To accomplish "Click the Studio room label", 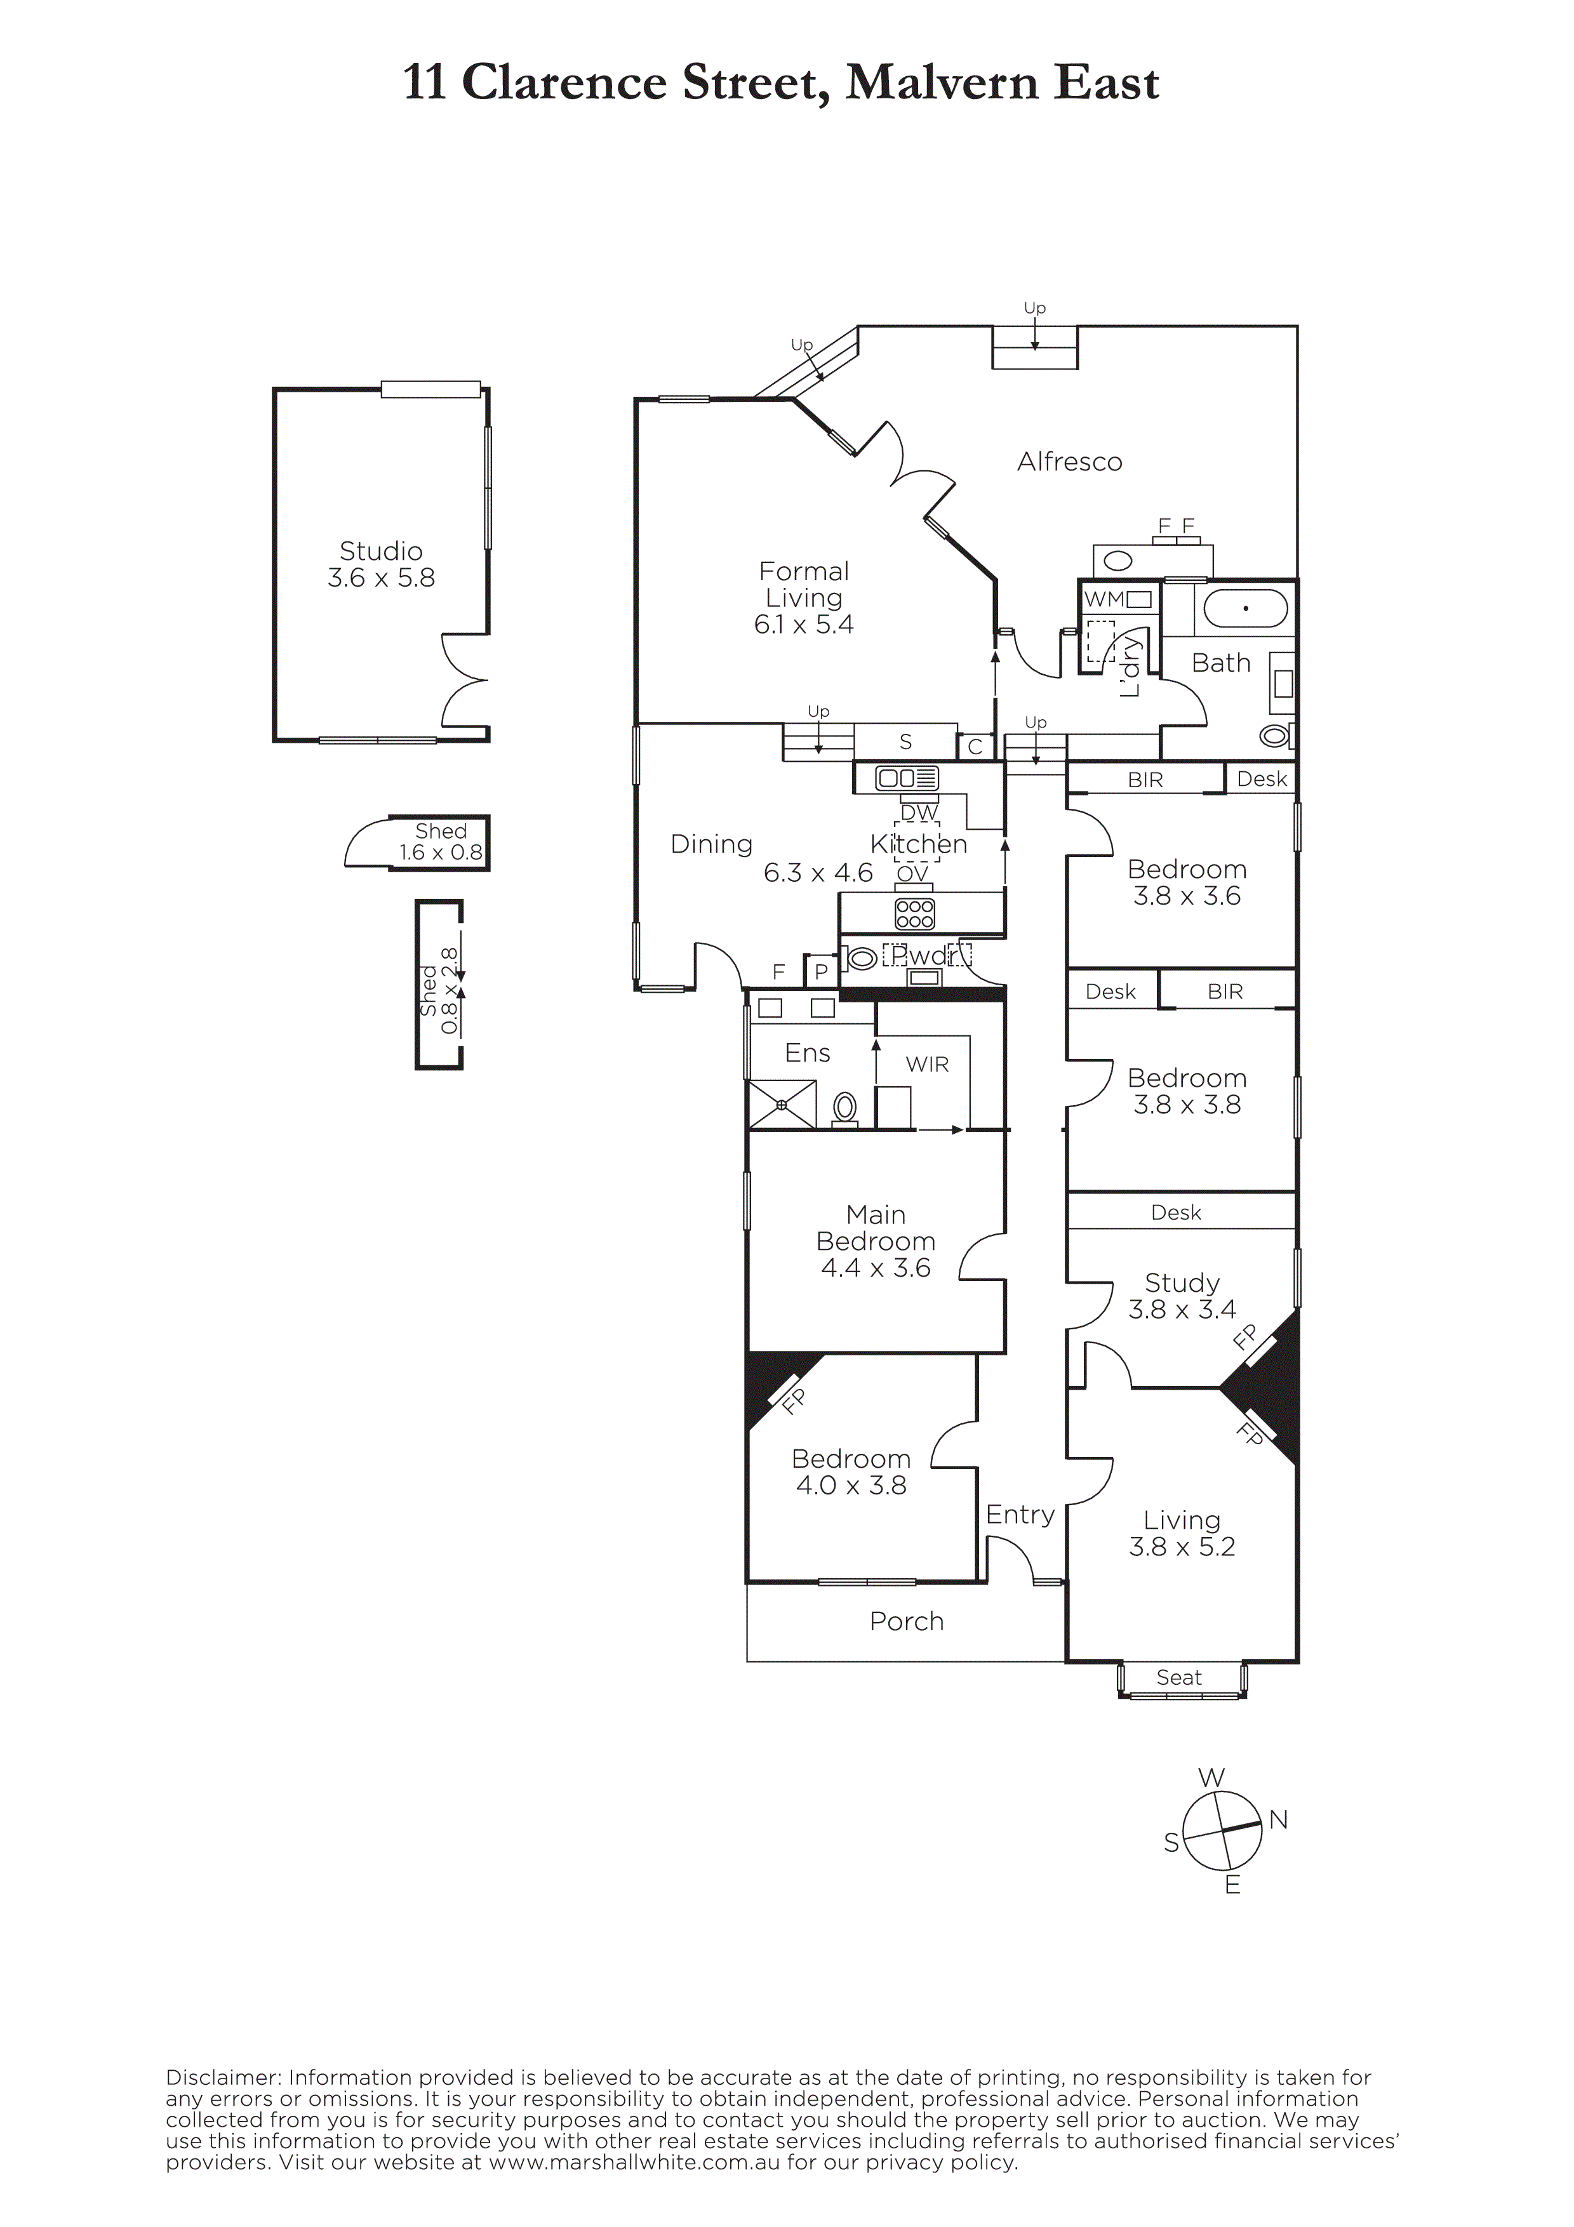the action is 380,551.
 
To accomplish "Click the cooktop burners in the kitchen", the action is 914,914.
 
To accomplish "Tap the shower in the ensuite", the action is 781,1105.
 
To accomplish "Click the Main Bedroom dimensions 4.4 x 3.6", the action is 876,1268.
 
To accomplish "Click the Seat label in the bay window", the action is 1179,1677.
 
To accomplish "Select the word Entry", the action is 1020,1515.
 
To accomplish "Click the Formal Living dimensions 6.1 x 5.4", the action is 804,625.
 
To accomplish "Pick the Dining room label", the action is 712,845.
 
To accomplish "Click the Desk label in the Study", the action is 1177,1213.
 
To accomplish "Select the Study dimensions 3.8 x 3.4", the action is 1182,1310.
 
